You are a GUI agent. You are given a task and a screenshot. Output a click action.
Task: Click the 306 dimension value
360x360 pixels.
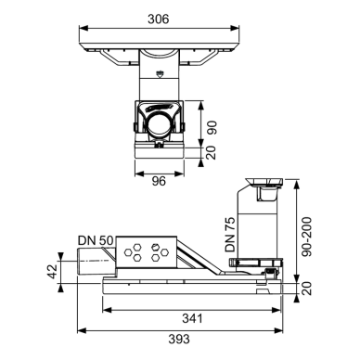[159, 19]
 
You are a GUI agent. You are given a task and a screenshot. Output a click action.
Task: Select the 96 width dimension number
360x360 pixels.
[159, 181]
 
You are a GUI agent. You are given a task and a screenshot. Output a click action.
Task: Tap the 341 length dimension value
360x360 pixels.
[192, 318]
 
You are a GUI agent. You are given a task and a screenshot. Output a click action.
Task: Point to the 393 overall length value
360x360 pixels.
[179, 339]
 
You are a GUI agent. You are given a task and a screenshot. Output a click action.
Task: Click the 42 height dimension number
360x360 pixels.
[53, 271]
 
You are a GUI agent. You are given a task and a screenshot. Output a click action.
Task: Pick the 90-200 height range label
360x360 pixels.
[307, 237]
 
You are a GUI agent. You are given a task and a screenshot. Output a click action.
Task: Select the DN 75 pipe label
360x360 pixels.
[230, 234]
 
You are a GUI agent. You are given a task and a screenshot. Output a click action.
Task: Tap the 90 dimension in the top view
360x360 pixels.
[212, 127]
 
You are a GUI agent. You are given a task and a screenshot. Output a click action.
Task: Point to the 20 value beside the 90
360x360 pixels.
[212, 153]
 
